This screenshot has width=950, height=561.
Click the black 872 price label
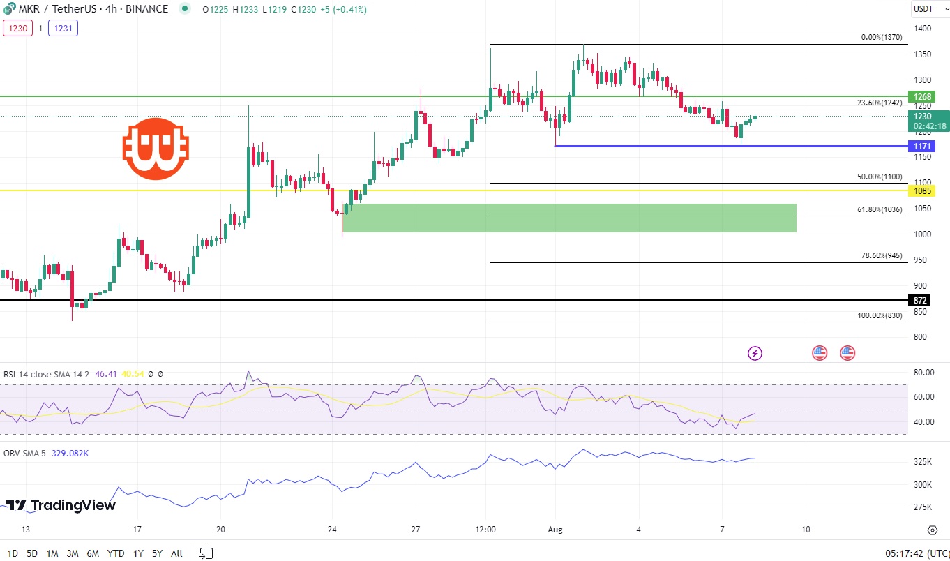pyautogui.click(x=920, y=300)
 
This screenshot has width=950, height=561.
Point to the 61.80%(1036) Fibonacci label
pyautogui.click(x=880, y=209)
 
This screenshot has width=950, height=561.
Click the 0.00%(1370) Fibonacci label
pyautogui.click(x=882, y=38)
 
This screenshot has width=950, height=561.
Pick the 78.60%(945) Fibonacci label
pyautogui.click(x=882, y=256)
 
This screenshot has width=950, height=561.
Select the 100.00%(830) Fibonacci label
pyautogui.click(x=880, y=315)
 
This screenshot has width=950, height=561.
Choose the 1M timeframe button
pyautogui.click(x=52, y=553)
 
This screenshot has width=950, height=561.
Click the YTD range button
pyautogui.click(x=116, y=553)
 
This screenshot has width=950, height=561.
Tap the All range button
pyautogui.click(x=176, y=553)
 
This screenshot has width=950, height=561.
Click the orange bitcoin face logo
pyautogui.click(x=156, y=147)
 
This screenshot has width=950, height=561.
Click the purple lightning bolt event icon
pyautogui.click(x=755, y=353)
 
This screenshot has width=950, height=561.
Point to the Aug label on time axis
pyautogui.click(x=556, y=529)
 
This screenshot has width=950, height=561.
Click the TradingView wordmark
pyautogui.click(x=61, y=505)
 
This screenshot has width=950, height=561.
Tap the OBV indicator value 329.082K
pyautogui.click(x=70, y=453)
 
